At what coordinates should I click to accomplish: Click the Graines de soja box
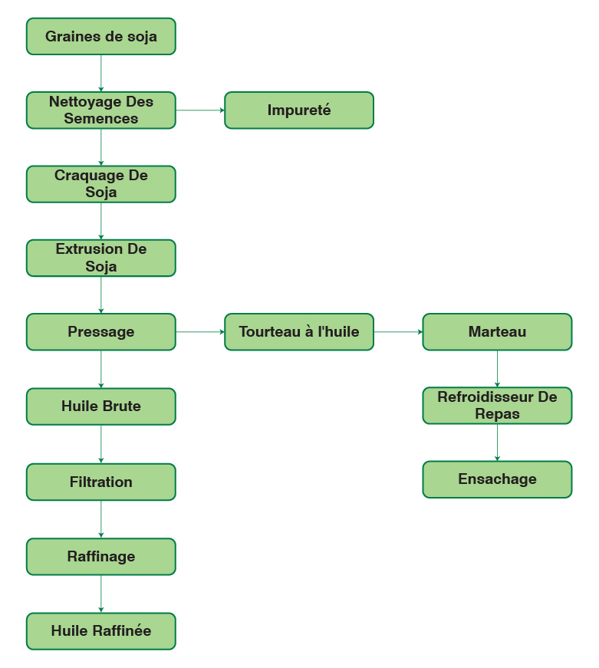100,37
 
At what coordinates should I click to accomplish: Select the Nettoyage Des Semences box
100,110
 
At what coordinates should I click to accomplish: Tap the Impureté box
298,110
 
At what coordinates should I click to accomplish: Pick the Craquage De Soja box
100,184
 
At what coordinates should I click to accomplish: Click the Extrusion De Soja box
100,258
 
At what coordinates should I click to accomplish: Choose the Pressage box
100,332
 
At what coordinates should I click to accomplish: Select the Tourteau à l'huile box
298,332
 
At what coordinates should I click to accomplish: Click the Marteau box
497,332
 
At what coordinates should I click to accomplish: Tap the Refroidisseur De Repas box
497,406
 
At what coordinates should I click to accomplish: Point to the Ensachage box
497,479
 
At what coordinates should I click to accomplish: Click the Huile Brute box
100,406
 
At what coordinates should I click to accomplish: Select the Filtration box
100,482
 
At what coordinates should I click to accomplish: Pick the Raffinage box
100,557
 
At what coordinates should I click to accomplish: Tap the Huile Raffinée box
100,631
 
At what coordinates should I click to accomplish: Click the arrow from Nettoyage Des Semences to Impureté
200,110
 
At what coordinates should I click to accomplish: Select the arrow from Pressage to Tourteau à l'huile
200,332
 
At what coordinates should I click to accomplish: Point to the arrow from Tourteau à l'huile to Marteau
398,332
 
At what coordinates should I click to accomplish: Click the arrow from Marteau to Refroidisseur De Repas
497,369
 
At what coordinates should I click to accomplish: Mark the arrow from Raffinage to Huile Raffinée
100,594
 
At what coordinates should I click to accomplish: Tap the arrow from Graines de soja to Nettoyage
100,74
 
